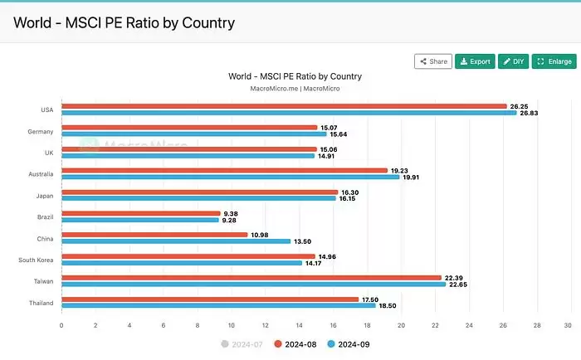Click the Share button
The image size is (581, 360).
pyautogui.click(x=433, y=61)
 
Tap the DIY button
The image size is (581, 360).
pyautogui.click(x=514, y=61)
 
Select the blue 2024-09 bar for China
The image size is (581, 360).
pyautogui.click(x=176, y=241)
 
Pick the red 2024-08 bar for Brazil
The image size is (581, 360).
pyautogui.click(x=141, y=213)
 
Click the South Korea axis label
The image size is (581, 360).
pyautogui.click(x=37, y=260)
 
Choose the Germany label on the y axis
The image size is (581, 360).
pyautogui.click(x=41, y=131)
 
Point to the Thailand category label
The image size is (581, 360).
pyautogui.click(x=41, y=303)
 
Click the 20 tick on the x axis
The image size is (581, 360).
pyautogui.click(x=401, y=325)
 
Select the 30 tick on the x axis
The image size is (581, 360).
pyautogui.click(x=568, y=325)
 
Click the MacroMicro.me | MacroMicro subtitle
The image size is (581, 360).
pyautogui.click(x=295, y=88)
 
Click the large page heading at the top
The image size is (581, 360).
pyautogui.click(x=124, y=22)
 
